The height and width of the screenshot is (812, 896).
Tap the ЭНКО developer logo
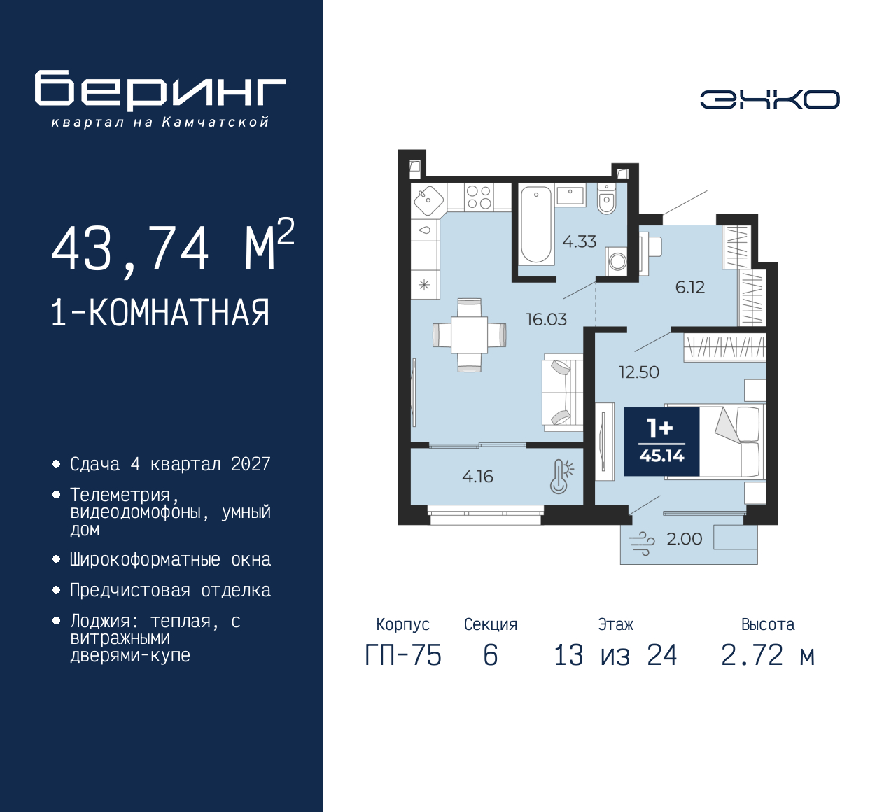769,99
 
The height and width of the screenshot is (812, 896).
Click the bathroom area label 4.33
580,241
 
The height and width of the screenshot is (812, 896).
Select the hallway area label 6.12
689,287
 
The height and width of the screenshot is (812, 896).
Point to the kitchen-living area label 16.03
546,319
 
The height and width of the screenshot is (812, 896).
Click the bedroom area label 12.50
638,372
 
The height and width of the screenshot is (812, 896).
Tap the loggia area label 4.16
477,477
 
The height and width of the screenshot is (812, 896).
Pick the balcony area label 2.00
685,539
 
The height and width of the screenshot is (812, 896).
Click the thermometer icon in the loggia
561,477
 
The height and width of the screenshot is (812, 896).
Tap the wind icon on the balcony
642,544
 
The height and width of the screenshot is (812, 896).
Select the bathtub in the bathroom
536,225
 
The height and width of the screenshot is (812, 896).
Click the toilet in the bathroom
606,199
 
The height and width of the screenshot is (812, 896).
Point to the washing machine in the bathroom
617,261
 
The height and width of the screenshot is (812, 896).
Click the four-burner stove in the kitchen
479,197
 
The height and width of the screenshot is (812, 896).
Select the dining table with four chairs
470,335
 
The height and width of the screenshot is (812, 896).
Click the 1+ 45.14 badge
661,441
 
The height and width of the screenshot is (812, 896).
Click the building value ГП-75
403,655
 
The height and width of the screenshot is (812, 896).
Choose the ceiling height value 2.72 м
769,655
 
